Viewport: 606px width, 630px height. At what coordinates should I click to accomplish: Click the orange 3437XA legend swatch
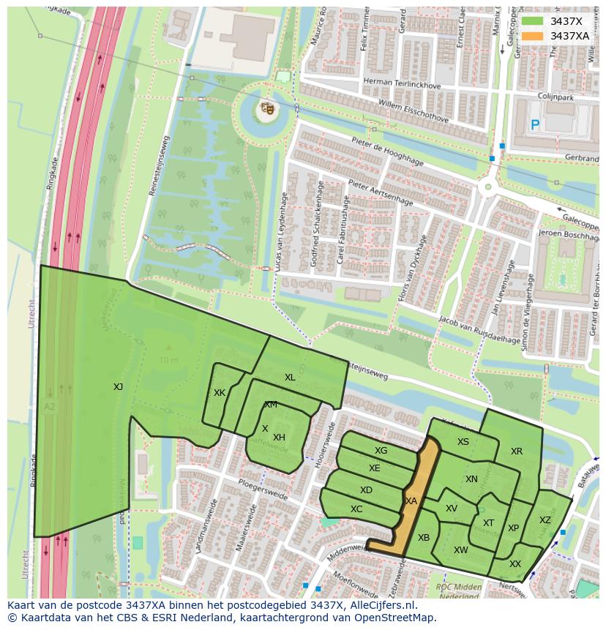(x=533, y=36)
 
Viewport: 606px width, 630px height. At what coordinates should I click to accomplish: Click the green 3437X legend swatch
(x=533, y=21)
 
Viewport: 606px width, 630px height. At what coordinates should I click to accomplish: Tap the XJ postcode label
(x=118, y=386)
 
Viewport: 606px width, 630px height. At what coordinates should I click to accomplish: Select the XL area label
(x=290, y=378)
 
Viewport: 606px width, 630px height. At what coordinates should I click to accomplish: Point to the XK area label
(x=220, y=393)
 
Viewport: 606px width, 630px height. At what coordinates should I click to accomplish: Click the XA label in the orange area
(x=411, y=501)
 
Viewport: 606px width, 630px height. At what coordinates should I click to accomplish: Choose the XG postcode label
(x=381, y=451)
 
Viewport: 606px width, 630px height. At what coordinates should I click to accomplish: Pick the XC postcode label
(x=356, y=509)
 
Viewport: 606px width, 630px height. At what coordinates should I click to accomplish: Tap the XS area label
(x=463, y=442)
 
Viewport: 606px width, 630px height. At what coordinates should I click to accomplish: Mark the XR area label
(x=517, y=451)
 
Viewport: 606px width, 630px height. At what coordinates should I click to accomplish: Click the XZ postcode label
(x=545, y=520)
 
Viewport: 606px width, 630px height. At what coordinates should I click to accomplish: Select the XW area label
(x=460, y=550)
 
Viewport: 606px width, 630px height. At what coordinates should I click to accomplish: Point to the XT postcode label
(x=488, y=523)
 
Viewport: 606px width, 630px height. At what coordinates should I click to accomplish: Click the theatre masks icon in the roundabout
(x=267, y=109)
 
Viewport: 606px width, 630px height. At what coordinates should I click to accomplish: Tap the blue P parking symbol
(x=535, y=126)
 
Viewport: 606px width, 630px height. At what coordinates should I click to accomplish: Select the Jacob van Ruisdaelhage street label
(x=479, y=329)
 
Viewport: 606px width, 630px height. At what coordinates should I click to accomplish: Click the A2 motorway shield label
(x=49, y=407)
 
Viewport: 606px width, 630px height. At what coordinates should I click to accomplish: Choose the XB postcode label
(x=424, y=538)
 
